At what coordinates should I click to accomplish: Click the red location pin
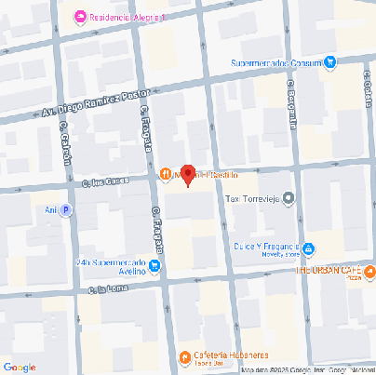tap(187, 174)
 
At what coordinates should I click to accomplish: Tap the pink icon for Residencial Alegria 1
tap(79, 17)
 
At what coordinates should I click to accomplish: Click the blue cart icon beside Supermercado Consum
tap(329, 62)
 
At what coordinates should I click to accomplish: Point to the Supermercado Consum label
tap(276, 63)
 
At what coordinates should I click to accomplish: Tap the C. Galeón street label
tap(65, 147)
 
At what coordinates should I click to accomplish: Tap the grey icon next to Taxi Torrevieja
tap(289, 197)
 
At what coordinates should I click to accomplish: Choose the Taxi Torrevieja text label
tap(252, 198)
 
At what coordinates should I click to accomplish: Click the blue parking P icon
tap(66, 210)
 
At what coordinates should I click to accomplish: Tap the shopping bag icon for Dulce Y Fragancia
tap(309, 248)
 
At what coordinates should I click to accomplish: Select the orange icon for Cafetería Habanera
tap(181, 356)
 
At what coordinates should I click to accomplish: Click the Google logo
tap(20, 367)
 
